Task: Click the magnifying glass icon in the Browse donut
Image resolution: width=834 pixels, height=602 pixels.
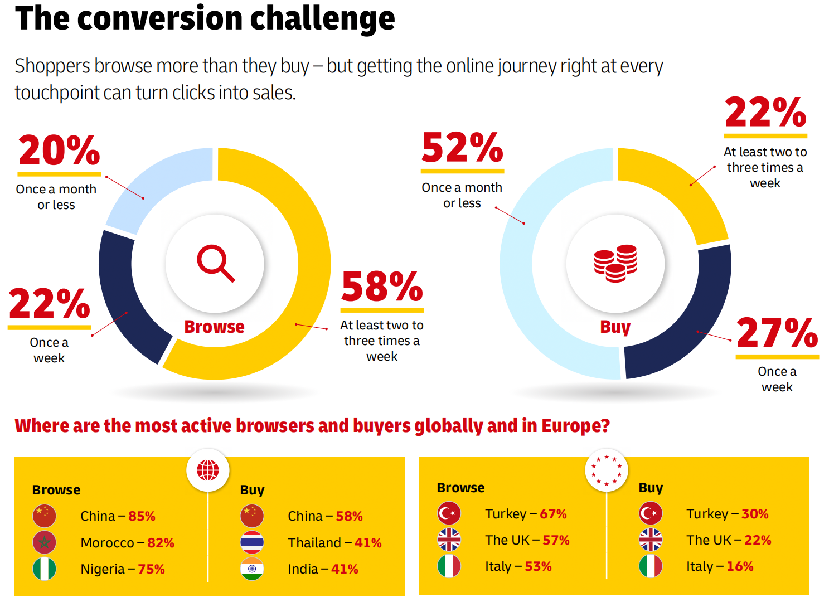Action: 215,263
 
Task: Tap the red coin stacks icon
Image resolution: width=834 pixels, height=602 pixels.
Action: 615,263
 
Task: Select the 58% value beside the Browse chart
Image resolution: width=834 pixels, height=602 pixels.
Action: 382,287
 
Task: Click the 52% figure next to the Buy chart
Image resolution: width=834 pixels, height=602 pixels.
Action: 462,148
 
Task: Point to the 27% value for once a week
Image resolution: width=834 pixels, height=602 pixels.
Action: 777,333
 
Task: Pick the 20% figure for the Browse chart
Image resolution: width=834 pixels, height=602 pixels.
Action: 59,151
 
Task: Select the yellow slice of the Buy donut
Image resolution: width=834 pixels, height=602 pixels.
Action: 680,190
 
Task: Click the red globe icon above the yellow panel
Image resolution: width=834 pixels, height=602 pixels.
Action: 208,470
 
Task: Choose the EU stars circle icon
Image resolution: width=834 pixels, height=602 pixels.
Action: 607,470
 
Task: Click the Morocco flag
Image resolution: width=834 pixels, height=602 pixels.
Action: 44,542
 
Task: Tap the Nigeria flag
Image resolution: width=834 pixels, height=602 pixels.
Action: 44,569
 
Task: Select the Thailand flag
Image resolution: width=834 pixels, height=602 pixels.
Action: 252,542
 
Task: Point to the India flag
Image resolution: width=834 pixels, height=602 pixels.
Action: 252,569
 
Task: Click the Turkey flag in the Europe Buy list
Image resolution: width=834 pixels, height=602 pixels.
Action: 651,513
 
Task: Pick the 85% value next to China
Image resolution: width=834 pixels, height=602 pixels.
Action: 142,516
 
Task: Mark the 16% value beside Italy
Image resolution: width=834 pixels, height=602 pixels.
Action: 740,566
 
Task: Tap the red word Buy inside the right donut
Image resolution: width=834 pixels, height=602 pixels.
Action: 615,327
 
